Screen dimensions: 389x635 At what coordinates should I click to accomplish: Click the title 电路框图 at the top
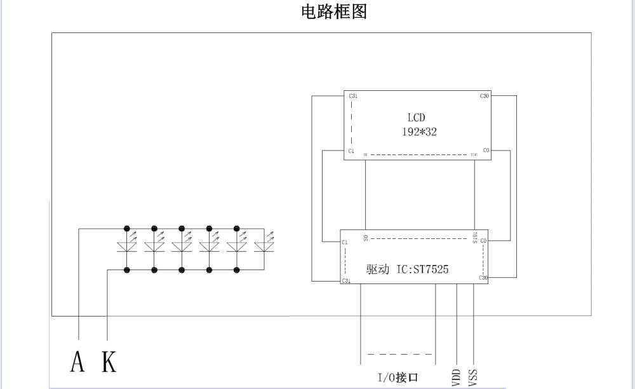coord(334,11)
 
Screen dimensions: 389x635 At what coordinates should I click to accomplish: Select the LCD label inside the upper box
coord(416,118)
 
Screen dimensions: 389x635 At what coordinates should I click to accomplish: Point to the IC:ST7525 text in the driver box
coord(422,270)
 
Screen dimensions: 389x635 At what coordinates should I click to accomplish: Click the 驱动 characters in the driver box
coord(377,270)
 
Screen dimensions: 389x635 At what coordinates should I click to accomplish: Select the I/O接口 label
coord(398,378)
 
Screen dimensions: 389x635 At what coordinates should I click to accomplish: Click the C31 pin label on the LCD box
coord(353,96)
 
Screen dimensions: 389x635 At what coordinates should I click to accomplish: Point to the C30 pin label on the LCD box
coord(485,96)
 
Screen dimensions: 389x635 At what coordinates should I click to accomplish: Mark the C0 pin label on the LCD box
coord(486,151)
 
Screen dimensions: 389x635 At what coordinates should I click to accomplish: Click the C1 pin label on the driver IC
coord(344,242)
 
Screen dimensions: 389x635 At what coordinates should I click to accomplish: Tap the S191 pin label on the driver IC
coord(474,238)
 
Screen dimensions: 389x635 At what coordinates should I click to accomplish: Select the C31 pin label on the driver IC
coord(345,280)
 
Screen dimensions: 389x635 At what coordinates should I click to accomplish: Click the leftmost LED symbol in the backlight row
coord(127,247)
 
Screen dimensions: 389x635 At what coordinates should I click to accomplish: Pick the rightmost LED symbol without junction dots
coord(264,247)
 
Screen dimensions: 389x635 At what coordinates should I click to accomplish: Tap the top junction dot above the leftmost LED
coord(127,228)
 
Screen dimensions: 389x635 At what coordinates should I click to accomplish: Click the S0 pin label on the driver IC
coord(366,238)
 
